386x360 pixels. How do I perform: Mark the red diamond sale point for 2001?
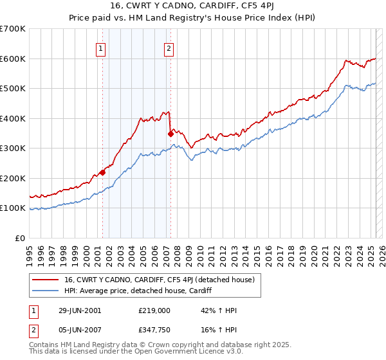coord(102,172)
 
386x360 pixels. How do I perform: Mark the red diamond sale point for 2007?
coord(170,134)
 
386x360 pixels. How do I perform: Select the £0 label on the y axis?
coord(20,238)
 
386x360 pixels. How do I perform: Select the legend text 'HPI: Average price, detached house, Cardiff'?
coord(138,291)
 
